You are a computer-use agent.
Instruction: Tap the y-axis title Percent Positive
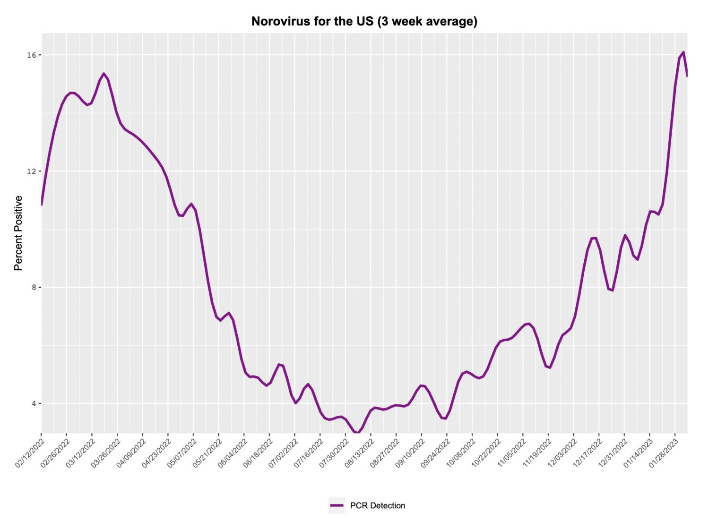tap(18, 233)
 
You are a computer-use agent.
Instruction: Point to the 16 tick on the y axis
tap(31, 55)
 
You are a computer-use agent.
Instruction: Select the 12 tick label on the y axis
tap(31, 171)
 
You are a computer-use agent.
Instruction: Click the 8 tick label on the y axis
tap(33, 288)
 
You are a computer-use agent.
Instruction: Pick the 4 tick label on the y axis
tap(33, 404)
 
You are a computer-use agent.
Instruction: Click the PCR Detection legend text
tap(377, 505)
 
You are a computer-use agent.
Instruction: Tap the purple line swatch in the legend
tap(337, 505)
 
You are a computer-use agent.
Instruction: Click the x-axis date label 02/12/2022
tap(30, 453)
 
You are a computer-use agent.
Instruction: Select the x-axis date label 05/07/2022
tap(182, 453)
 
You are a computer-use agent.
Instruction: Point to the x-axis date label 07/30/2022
tap(334, 453)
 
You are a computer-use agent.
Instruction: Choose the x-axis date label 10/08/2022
tap(461, 453)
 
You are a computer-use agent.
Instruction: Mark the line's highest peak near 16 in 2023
tap(683, 52)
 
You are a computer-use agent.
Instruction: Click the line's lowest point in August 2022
tap(358, 433)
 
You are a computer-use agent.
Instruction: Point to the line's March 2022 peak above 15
tap(104, 73)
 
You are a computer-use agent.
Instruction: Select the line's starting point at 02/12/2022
tap(42, 205)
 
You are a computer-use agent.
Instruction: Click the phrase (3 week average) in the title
tap(427, 21)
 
